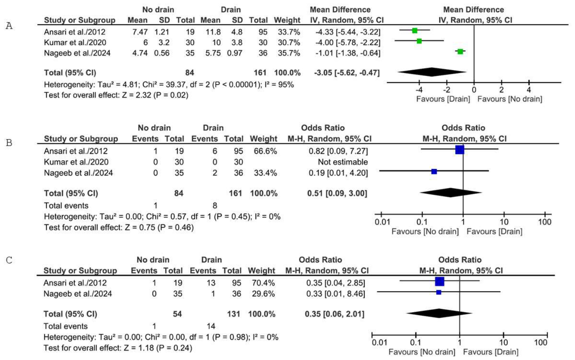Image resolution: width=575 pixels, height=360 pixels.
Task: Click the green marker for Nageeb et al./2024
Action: coord(460,51)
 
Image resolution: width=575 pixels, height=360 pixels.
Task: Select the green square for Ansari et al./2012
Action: coord(415,31)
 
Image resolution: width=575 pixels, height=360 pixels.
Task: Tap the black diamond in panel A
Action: coord(432,72)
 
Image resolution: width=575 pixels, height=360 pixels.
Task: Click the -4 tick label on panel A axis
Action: coord(419,90)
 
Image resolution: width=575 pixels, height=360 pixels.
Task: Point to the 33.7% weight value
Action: coord(289,32)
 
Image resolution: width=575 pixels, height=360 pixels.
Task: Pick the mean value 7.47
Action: coord(140,32)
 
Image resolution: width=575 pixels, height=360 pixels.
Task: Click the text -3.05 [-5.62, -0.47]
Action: coord(347,73)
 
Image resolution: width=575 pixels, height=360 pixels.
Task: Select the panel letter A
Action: coord(9,26)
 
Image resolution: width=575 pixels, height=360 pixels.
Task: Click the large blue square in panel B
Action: coord(460,149)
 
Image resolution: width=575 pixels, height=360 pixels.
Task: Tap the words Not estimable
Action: coord(343,162)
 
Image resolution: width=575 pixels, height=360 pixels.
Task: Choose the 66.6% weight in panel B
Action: coord(265,151)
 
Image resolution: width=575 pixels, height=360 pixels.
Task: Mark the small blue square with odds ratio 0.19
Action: coord(434,171)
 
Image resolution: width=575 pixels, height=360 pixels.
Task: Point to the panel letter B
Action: coord(9,143)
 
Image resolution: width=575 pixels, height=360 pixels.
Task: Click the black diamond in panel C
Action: coord(440,313)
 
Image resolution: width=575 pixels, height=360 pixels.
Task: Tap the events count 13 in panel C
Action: coord(211,283)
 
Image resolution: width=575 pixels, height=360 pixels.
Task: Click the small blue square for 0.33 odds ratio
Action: coord(439,292)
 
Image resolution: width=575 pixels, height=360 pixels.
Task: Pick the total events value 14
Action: coord(211,326)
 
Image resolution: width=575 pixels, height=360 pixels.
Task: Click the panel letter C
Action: coord(9,260)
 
